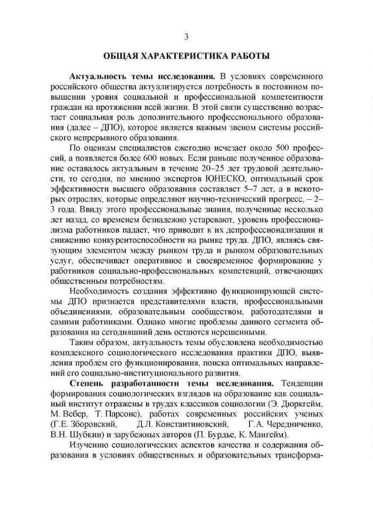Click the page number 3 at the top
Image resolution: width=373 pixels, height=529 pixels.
[x=186, y=37]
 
